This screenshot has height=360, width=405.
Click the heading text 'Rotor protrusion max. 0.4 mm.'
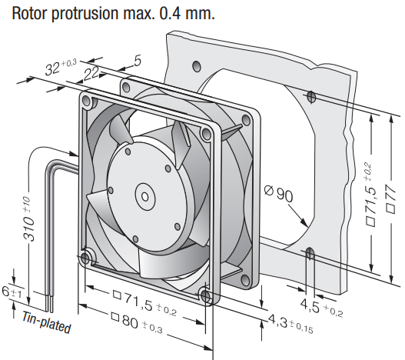tap(113, 13)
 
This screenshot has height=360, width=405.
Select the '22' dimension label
tap(91, 73)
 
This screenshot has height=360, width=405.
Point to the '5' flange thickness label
tap(138, 61)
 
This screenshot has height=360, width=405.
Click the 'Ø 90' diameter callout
tap(279, 193)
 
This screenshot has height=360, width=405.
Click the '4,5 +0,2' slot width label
tap(321, 308)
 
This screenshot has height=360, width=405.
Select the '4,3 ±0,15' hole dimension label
tap(290, 324)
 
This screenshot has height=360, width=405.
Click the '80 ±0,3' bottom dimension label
tap(137, 323)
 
